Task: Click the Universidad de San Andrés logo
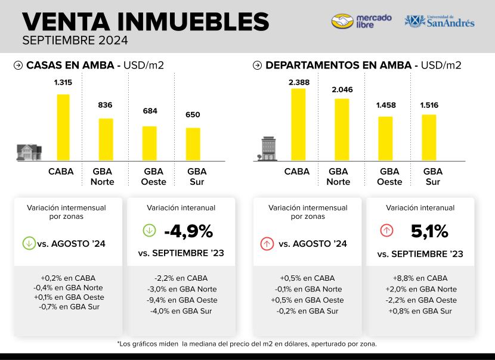coord(440,21)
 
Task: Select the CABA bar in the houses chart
coord(63,127)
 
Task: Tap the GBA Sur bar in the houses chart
coord(193,144)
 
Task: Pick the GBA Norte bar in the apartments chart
coord(342,129)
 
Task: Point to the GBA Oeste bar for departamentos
coord(386,138)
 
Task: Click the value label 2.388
coord(298,82)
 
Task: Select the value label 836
coord(106,105)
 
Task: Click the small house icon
coord(29,152)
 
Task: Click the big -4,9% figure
coord(188,231)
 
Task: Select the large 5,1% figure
coord(429,231)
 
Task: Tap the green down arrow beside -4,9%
coord(149,230)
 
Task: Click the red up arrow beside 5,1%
coord(386,230)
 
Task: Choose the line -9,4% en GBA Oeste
coord(182,300)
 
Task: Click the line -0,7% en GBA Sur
coord(68,307)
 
